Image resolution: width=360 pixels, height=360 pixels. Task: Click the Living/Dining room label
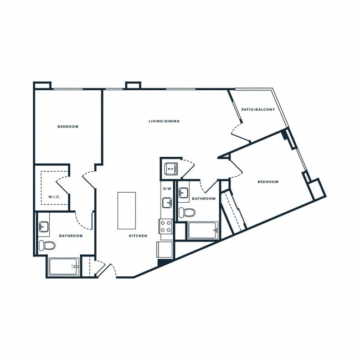tap(164, 121)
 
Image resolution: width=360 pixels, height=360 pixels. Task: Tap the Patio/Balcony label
tap(258, 110)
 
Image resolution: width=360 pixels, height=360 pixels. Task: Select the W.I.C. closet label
tap(54, 197)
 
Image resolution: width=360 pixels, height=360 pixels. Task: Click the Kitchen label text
tap(138, 236)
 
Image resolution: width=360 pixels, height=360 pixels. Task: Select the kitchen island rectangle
tap(127, 210)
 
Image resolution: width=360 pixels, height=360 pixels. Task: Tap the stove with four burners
tap(166, 226)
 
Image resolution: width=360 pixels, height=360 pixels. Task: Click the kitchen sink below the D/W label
tap(167, 203)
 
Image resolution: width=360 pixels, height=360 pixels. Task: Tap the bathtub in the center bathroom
tap(203, 230)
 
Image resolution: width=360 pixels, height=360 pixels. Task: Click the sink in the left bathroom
tap(44, 227)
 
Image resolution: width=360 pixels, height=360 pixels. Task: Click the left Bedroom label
tap(68, 127)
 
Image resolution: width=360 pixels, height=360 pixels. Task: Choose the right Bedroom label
tap(268, 182)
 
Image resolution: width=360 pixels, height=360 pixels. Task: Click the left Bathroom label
tap(71, 236)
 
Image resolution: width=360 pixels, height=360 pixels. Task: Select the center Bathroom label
tap(204, 198)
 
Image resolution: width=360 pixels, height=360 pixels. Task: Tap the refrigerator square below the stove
tap(166, 250)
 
